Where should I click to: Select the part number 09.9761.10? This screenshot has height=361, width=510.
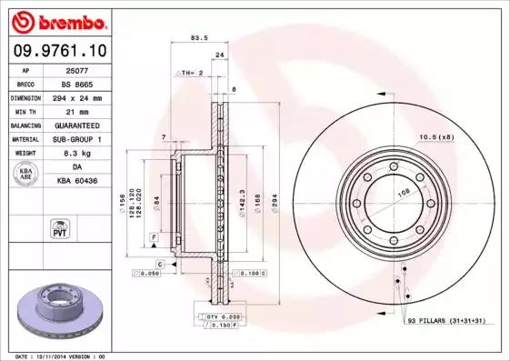(56, 51)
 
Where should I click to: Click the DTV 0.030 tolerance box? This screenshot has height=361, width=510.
(220, 316)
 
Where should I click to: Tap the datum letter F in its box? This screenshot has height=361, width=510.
(155, 237)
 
